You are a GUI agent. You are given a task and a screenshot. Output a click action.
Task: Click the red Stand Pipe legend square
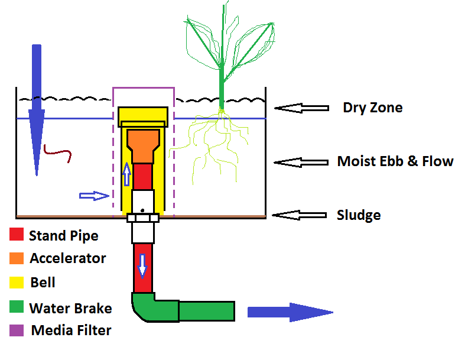coord(17,235)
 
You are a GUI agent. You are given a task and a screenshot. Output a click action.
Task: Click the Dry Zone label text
coord(372,108)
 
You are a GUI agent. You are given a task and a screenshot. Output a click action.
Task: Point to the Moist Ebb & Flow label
coord(395,161)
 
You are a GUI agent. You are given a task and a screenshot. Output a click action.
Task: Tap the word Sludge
coord(358,215)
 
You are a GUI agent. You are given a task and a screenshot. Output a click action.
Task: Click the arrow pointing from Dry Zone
coord(301,108)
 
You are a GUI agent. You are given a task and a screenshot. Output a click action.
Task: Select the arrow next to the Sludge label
coord(301,215)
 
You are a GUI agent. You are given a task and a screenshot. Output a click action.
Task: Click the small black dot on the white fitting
coord(142,210)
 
